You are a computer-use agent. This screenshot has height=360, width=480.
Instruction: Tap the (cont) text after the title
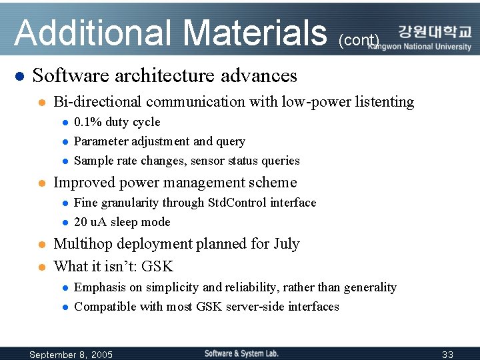click(359, 41)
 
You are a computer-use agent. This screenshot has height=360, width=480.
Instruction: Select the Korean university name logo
click(435, 32)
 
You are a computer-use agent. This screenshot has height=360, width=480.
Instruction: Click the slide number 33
click(447, 354)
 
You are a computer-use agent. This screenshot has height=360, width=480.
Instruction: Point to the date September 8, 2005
click(71, 354)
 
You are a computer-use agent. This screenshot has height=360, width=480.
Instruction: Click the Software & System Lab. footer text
click(241, 353)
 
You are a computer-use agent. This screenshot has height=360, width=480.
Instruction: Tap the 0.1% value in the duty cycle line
click(87, 122)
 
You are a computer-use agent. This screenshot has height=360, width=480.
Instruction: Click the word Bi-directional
click(97, 102)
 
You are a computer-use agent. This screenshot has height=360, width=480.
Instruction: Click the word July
click(287, 244)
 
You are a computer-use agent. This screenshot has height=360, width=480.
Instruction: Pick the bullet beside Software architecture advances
click(19, 76)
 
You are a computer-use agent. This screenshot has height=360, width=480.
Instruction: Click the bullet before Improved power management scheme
click(41, 183)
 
